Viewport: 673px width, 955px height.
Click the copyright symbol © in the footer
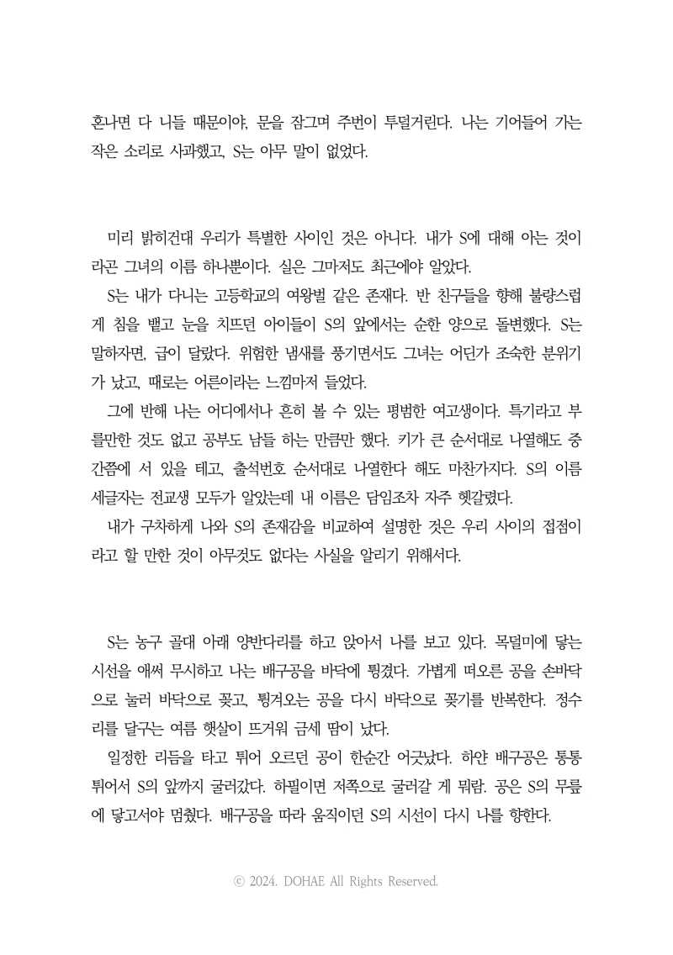coord(240,882)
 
